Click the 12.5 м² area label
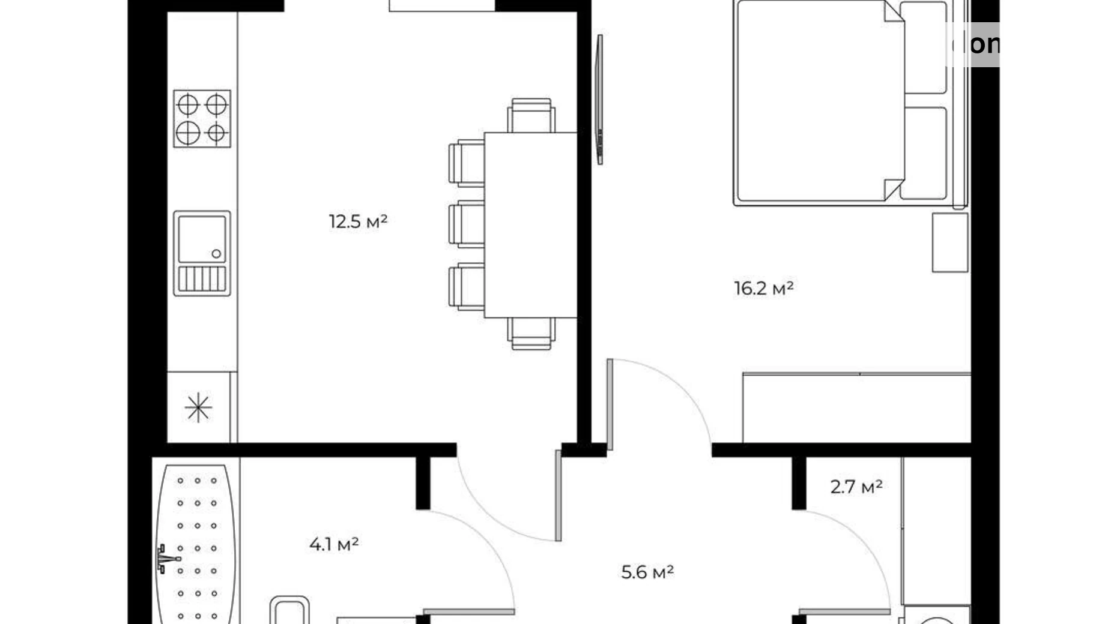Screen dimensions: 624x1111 pyautogui.click(x=358, y=222)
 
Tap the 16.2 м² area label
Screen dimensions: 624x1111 pyautogui.click(x=763, y=289)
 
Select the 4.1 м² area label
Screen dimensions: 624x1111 pyautogui.click(x=334, y=545)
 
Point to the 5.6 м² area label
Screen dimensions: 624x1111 pyautogui.click(x=647, y=572)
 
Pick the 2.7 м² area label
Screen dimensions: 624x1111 pyautogui.click(x=856, y=487)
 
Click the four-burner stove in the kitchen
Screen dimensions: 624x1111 pyautogui.click(x=202, y=118)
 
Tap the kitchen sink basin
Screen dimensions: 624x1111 pyautogui.click(x=202, y=238)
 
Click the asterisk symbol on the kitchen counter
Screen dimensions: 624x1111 pyautogui.click(x=198, y=408)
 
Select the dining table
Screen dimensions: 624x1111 pyautogui.click(x=530, y=224)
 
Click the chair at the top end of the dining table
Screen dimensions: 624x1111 pyautogui.click(x=531, y=115)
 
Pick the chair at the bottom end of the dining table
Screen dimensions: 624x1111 pyautogui.click(x=531, y=333)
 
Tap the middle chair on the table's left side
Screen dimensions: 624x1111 pyautogui.click(x=467, y=224)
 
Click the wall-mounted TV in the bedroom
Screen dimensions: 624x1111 pyautogui.click(x=599, y=99)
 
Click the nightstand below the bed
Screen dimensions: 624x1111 pyautogui.click(x=949, y=242)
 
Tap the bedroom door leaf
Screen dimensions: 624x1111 pyautogui.click(x=610, y=404)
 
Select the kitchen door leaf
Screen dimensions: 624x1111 pyautogui.click(x=558, y=496)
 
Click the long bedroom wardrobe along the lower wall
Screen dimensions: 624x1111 pyautogui.click(x=856, y=408)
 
